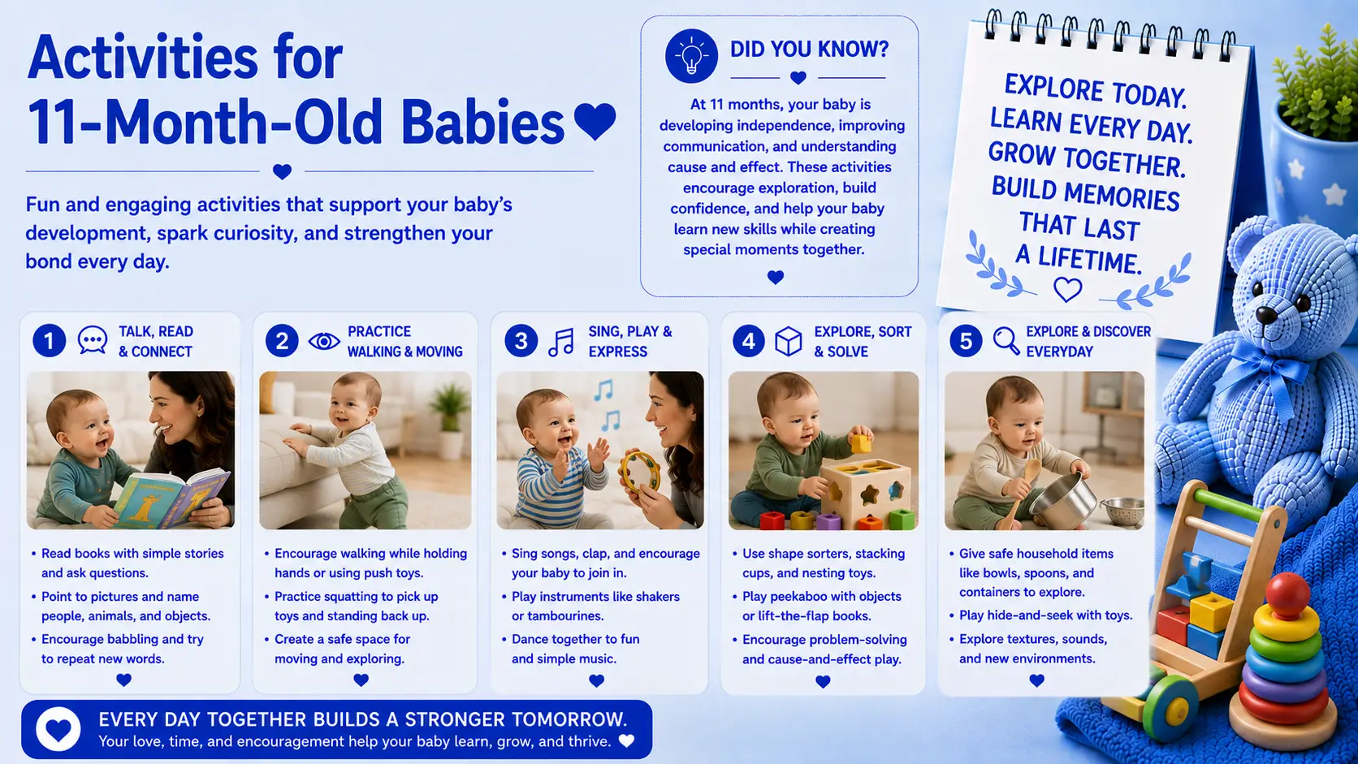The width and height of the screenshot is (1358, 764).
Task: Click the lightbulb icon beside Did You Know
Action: (x=691, y=56)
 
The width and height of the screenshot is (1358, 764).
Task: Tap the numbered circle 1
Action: (x=49, y=340)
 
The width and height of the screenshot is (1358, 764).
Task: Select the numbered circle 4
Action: (x=749, y=341)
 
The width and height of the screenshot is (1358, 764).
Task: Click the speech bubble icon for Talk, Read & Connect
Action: (x=93, y=340)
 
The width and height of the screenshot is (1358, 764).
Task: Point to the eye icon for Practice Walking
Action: (x=324, y=341)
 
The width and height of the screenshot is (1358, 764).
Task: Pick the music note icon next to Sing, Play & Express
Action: (x=561, y=343)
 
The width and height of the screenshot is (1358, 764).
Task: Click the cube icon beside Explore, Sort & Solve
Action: (x=789, y=342)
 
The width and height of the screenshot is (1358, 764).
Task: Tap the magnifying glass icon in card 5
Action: (x=1006, y=341)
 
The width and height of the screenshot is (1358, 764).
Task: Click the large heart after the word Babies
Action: (x=595, y=121)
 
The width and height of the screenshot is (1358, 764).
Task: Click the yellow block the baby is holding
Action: (x=861, y=443)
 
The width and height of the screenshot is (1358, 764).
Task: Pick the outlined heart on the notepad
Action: (x=1067, y=290)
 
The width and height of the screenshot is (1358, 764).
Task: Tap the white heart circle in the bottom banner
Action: (x=58, y=729)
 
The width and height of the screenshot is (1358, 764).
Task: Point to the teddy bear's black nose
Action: (x=1266, y=314)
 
